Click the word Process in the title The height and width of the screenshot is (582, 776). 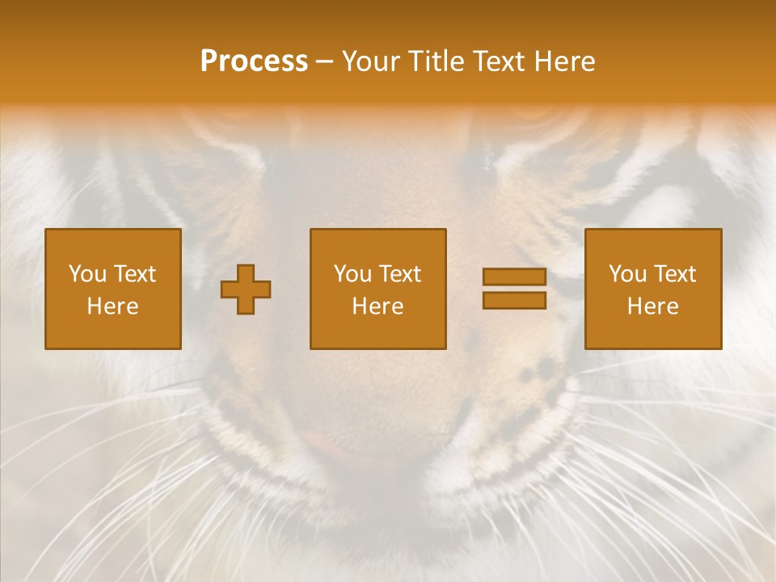click(x=254, y=61)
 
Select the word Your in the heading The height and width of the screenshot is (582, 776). click(x=371, y=61)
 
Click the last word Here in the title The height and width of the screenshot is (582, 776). click(x=563, y=61)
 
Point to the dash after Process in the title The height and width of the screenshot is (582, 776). click(x=324, y=62)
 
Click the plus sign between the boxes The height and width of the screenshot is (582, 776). click(x=246, y=289)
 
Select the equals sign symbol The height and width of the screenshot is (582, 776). click(x=514, y=289)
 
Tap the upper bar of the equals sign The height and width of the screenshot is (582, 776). click(x=514, y=277)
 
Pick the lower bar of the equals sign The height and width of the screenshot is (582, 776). click(x=514, y=300)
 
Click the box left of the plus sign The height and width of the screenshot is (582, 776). click(x=112, y=289)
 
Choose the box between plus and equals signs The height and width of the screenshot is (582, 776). click(x=377, y=289)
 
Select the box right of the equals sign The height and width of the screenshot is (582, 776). click(x=652, y=289)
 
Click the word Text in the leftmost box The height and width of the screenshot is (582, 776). click(x=134, y=274)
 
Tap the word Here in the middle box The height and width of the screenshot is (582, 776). click(x=377, y=306)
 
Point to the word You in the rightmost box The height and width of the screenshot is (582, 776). click(x=627, y=274)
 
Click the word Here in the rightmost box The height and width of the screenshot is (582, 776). click(x=652, y=306)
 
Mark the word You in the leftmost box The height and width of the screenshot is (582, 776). click(x=87, y=274)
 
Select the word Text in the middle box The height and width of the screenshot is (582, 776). click(x=400, y=274)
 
